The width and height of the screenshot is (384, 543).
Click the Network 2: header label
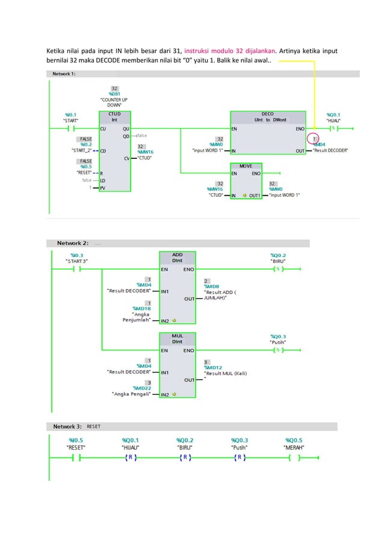[x=73, y=243]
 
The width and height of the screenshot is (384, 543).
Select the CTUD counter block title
[x=113, y=113]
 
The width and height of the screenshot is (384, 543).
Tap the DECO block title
[x=268, y=113]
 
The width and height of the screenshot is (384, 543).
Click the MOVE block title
[x=246, y=165]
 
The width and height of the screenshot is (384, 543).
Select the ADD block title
[x=178, y=255]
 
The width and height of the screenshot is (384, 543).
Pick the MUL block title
[x=178, y=335]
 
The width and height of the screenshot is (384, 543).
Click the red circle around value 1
[x=314, y=139]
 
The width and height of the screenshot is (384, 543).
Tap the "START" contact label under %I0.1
[x=71, y=120]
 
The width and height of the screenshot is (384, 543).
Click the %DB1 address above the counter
[x=114, y=94]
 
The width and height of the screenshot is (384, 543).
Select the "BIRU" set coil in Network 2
[x=277, y=268]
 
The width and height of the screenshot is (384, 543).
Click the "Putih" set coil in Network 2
[x=277, y=350]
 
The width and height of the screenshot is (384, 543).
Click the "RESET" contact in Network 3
[x=76, y=458]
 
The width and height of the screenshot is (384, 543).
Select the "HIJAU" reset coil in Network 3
[x=130, y=458]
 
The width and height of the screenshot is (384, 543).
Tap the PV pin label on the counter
[x=103, y=188]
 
